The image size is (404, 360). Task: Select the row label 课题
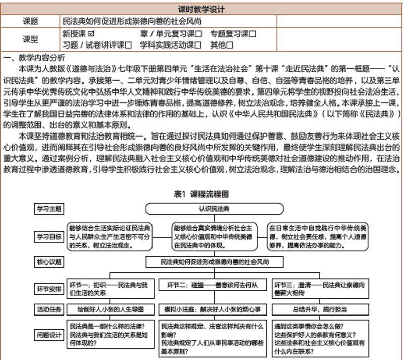click(x=30, y=21)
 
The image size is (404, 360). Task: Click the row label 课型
click(x=30, y=39)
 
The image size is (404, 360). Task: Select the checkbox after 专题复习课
click(x=252, y=34)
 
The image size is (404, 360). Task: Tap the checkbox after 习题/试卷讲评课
click(x=128, y=45)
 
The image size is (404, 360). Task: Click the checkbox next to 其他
click(x=230, y=45)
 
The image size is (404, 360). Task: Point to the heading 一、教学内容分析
click(x=34, y=57)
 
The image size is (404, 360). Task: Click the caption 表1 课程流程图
click(x=201, y=194)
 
